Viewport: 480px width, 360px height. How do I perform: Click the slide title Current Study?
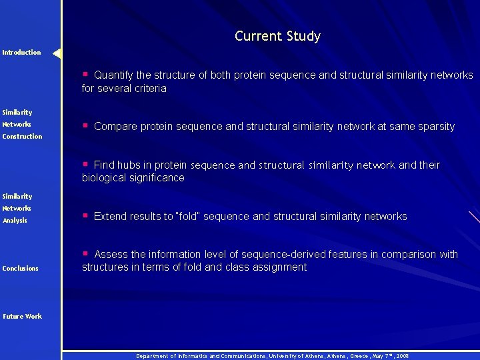(277, 36)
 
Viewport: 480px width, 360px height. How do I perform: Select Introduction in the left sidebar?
(21, 53)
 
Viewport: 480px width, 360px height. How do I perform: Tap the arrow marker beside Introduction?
(57, 53)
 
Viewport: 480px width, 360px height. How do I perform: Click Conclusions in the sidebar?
(20, 269)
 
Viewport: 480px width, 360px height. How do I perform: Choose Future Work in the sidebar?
(21, 317)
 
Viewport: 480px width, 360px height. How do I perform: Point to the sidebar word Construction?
(22, 137)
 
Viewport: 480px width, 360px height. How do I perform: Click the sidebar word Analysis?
(15, 221)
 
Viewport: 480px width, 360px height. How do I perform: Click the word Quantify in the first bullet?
(113, 75)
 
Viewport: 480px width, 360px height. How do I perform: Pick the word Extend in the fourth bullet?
(111, 216)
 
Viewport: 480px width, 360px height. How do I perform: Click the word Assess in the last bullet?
(111, 254)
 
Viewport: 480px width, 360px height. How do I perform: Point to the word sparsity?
(434, 126)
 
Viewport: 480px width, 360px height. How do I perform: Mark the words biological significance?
(133, 178)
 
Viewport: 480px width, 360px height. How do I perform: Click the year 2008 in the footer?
(401, 356)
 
